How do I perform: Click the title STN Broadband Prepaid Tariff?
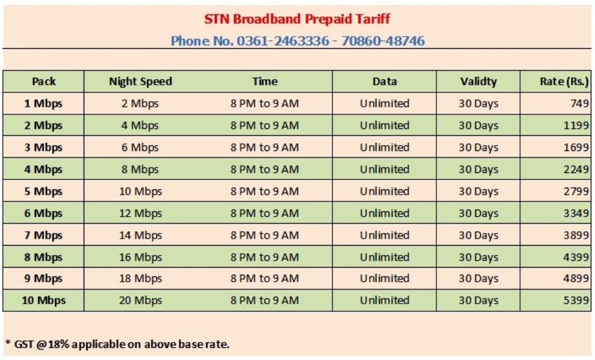tap(297, 19)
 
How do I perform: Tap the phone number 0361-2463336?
tap(283, 41)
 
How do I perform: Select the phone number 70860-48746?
tap(383, 41)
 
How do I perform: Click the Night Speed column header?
tap(141, 81)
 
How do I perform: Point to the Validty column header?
tap(479, 81)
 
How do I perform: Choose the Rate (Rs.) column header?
tap(564, 81)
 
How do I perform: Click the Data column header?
tap(385, 81)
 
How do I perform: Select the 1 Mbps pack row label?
tap(43, 103)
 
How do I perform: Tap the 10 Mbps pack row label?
tap(44, 300)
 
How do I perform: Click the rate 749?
tap(579, 103)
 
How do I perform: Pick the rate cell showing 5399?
tap(576, 300)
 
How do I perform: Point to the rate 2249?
tap(576, 169)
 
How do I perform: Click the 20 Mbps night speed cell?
tap(141, 300)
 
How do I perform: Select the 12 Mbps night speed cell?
tap(141, 213)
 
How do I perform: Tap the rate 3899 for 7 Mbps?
tap(576, 235)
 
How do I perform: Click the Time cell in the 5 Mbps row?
tap(264, 191)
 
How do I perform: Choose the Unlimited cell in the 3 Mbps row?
tap(385, 147)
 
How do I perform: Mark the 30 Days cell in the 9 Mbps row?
tap(479, 279)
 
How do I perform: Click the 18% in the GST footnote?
tap(59, 344)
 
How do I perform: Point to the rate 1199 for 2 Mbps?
tap(576, 125)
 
